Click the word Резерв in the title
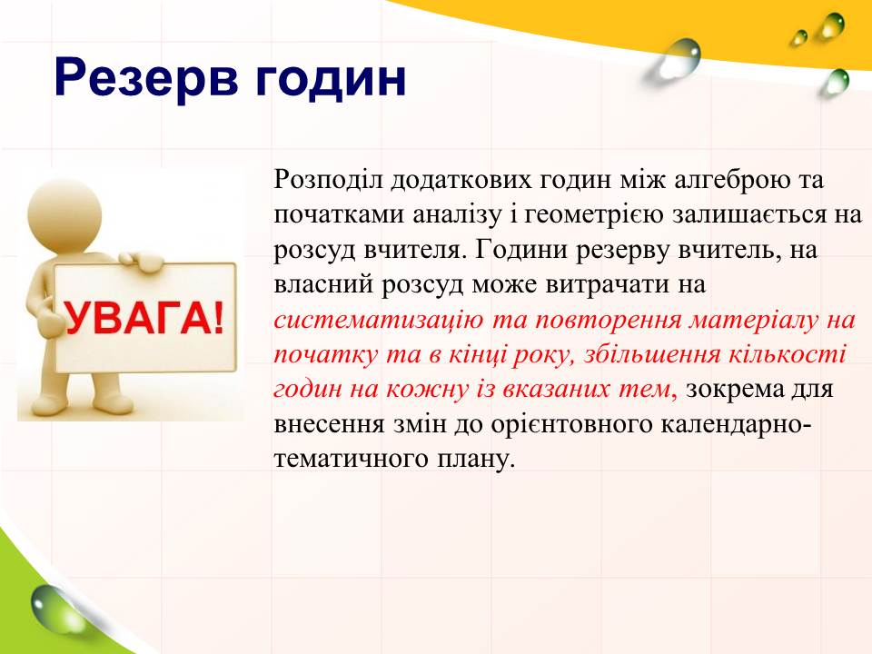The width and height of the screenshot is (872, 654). [146, 80]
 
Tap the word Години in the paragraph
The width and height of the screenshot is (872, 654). [521, 251]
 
